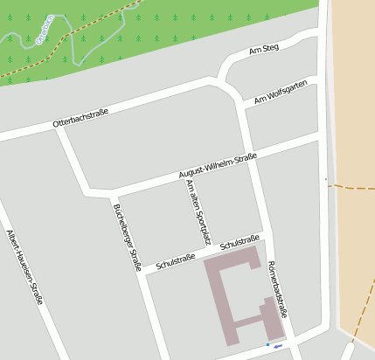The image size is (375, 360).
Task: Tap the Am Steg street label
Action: tap(264, 48)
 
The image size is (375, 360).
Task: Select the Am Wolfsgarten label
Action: tap(281, 93)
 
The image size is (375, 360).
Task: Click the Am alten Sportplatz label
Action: tap(199, 215)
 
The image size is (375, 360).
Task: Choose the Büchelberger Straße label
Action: tap(127, 237)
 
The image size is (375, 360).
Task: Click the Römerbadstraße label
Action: tap(277, 288)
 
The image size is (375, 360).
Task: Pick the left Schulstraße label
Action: tap(175, 260)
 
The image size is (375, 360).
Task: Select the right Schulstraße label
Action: tap(240, 244)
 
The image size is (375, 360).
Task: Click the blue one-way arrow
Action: tap(278, 347)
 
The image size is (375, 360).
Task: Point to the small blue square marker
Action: tap(268, 345)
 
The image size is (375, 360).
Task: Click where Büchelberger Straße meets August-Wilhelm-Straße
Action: tap(113, 193)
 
